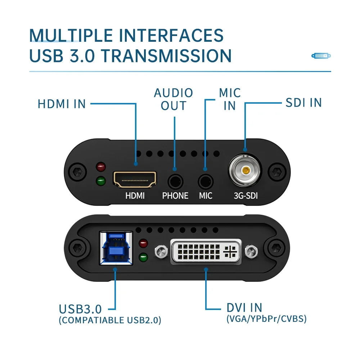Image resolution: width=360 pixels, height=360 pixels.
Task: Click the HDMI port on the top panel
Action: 135,179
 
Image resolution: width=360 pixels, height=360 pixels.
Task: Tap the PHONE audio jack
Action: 175,180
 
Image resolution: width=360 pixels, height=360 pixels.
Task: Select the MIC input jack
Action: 206,180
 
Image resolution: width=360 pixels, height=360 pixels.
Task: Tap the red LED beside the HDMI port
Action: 101,167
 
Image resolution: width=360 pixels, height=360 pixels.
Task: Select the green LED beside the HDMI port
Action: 101,181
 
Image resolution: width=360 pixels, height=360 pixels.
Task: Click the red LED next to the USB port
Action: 144,243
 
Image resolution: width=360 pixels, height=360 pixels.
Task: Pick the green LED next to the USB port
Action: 144,257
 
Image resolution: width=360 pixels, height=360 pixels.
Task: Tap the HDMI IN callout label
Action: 62,104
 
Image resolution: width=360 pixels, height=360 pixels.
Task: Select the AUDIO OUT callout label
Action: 174,99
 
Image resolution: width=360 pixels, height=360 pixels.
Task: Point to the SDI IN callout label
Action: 303,103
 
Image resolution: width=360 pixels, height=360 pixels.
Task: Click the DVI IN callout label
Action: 244,308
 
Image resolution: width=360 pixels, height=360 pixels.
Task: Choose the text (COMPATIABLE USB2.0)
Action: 110,320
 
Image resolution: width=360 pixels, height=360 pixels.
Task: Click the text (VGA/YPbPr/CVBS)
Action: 266,319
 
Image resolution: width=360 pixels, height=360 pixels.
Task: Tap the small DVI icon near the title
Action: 321,56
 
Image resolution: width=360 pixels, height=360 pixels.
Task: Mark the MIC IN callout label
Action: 230,99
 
